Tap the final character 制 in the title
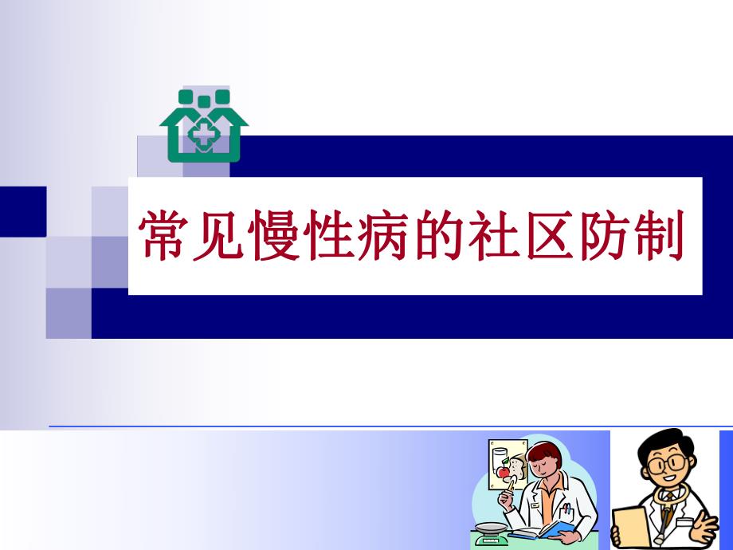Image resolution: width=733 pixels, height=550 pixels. coord(660,237)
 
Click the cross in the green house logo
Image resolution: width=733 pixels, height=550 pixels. coord(204,134)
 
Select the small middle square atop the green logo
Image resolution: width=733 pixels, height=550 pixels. coord(204,101)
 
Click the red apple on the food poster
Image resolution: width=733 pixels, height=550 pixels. coord(503,472)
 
